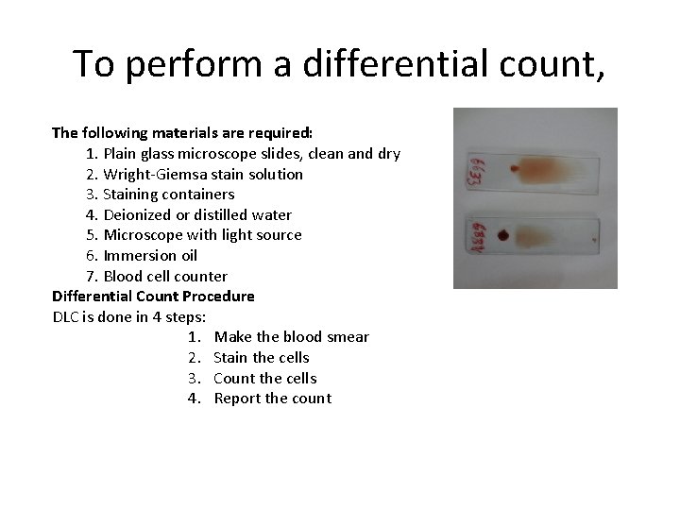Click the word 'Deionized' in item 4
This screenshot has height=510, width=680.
coord(135,214)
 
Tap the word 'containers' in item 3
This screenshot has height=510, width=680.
coord(199,195)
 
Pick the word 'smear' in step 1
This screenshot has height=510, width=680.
coord(346,337)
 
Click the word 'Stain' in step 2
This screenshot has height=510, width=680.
coord(233,358)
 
